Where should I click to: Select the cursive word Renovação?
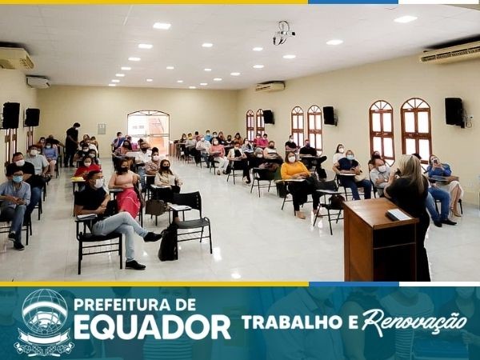click(414, 322)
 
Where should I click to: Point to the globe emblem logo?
click(44, 322)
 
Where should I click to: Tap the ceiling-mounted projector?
click(283, 33)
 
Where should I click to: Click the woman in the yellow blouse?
click(296, 184)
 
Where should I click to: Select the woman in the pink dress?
click(126, 188)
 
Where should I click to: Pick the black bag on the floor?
click(168, 242)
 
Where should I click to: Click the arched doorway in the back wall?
click(149, 133)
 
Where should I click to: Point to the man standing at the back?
click(72, 145)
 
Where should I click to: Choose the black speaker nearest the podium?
click(454, 112)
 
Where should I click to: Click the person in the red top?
click(87, 167)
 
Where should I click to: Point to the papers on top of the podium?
click(398, 214)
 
